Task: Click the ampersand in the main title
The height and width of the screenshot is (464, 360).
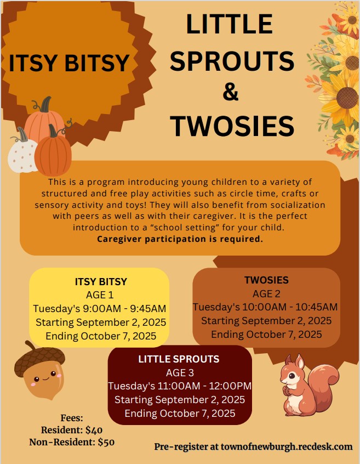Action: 231,92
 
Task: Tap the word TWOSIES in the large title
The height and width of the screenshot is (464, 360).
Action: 232,126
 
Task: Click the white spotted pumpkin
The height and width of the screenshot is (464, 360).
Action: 22,153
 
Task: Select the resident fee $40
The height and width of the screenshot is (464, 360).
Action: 94,430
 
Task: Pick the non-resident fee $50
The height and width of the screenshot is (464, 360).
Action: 106,442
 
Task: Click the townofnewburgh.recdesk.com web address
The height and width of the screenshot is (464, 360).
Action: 287,446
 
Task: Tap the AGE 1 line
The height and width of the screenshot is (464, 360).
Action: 100,295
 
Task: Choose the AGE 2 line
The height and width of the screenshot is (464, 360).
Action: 266,294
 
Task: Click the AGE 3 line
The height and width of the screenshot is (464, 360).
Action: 180,372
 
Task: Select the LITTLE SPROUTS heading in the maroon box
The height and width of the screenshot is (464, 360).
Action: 179,359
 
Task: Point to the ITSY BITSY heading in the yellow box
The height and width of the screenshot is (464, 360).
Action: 101,281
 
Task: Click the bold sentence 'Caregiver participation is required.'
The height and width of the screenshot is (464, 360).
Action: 180,239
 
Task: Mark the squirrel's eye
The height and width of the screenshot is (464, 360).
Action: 292,376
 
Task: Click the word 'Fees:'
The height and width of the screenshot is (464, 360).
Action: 72,418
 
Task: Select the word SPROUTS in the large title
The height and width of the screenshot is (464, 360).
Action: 232,61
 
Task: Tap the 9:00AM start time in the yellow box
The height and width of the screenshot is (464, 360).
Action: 101,309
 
